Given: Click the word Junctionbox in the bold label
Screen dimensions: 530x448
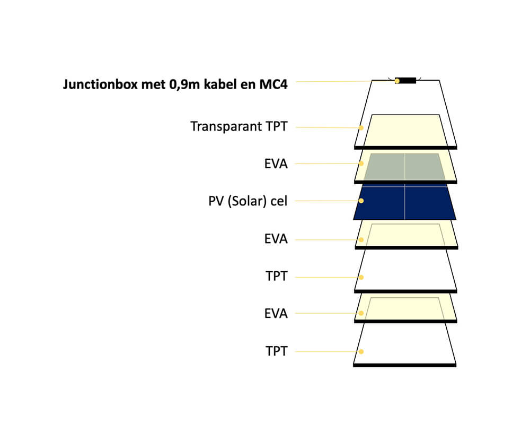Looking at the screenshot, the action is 100,84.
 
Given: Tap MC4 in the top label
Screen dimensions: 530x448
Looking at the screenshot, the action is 273,84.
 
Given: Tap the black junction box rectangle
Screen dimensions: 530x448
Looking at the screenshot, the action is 405,81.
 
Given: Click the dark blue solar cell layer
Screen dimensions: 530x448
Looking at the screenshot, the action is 405,202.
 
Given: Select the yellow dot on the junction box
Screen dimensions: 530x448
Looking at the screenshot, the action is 397,81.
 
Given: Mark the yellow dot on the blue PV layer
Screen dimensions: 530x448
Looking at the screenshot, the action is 361,201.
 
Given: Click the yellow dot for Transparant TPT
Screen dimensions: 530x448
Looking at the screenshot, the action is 361,128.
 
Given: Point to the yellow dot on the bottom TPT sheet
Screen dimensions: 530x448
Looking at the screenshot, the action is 361,352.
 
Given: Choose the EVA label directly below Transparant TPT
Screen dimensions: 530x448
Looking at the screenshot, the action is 276,164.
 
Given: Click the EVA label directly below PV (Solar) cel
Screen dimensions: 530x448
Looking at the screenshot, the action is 276,239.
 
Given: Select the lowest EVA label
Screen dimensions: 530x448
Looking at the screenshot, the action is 276,314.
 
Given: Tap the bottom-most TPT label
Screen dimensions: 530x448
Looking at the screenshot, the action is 277,351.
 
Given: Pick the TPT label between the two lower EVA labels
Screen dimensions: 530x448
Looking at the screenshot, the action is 277,277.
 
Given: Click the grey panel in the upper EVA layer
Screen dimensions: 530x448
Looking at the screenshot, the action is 404,167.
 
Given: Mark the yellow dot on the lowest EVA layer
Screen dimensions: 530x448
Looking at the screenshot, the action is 361,313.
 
